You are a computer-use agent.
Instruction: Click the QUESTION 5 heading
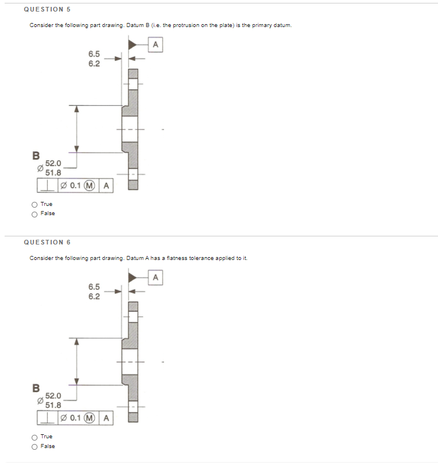click(x=47, y=9)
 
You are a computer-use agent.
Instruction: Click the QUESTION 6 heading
click(x=47, y=242)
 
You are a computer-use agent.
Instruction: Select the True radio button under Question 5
click(x=35, y=204)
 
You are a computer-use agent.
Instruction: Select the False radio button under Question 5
click(x=35, y=213)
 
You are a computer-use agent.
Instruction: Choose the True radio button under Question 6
click(x=35, y=437)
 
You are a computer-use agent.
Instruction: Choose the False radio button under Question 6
click(x=35, y=446)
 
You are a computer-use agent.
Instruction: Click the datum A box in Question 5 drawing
click(x=155, y=44)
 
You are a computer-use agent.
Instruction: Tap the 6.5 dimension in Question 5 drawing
click(x=94, y=54)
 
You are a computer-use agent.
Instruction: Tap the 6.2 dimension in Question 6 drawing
click(x=94, y=296)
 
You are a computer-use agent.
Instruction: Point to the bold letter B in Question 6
click(x=36, y=388)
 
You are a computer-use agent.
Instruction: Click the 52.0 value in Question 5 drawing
click(x=54, y=163)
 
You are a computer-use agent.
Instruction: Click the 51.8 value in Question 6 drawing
click(x=54, y=404)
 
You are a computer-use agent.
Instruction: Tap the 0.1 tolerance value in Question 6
click(x=75, y=418)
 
